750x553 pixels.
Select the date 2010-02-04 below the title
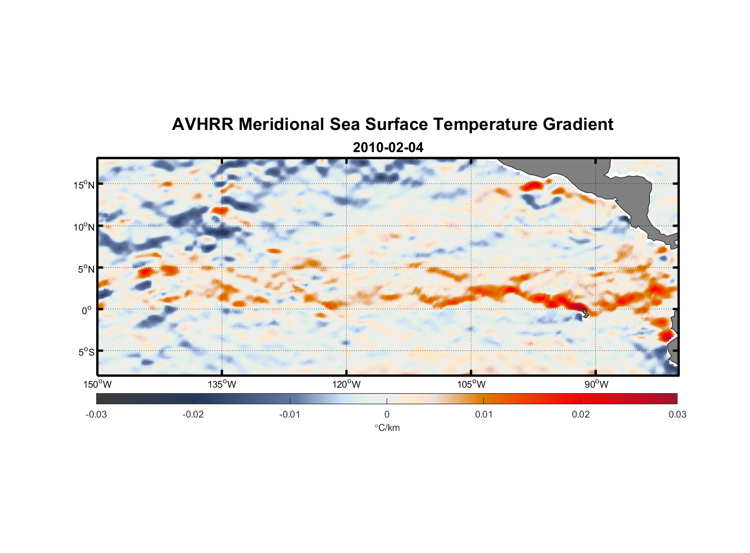(388, 148)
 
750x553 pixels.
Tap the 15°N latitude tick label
(84, 185)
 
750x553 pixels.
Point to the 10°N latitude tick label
(84, 227)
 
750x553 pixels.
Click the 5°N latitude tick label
(86, 269)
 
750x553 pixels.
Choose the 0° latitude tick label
(87, 310)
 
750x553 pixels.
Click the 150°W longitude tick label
(97, 384)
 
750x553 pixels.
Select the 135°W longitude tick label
(222, 384)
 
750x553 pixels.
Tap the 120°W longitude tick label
(346, 384)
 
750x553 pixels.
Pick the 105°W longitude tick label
(471, 384)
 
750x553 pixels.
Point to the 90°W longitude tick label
(596, 384)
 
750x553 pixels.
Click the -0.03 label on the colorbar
(96, 414)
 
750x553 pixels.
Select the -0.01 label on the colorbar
(290, 414)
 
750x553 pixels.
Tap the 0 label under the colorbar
(387, 414)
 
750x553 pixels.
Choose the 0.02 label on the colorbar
(581, 414)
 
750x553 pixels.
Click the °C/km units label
(387, 427)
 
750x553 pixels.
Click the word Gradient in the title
(578, 124)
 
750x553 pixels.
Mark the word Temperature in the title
(485, 124)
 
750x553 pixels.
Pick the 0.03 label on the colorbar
(677, 414)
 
